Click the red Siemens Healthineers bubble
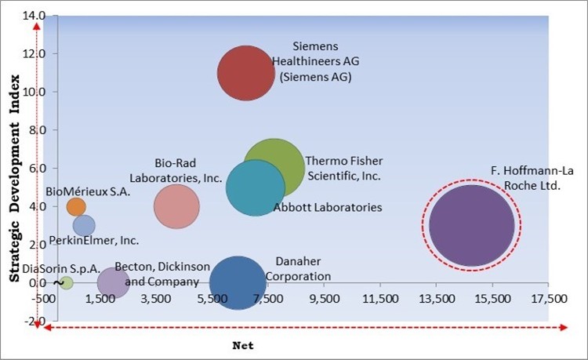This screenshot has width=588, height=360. (x=246, y=73)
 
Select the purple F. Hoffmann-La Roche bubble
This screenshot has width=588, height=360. (x=471, y=225)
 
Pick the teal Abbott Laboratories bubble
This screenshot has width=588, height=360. (x=254, y=188)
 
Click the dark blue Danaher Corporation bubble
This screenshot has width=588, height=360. (x=238, y=282)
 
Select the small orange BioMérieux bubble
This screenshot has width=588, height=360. (x=76, y=206)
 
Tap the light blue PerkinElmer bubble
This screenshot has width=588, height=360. (x=84, y=226)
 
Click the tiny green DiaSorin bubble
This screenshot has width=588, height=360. (x=67, y=282)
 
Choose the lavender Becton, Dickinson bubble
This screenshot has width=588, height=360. (x=113, y=282)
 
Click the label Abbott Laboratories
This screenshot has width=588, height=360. (x=328, y=208)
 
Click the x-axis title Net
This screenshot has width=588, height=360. (x=244, y=345)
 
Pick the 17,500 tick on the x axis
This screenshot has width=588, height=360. (x=547, y=299)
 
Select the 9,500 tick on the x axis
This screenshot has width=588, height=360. (x=323, y=299)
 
